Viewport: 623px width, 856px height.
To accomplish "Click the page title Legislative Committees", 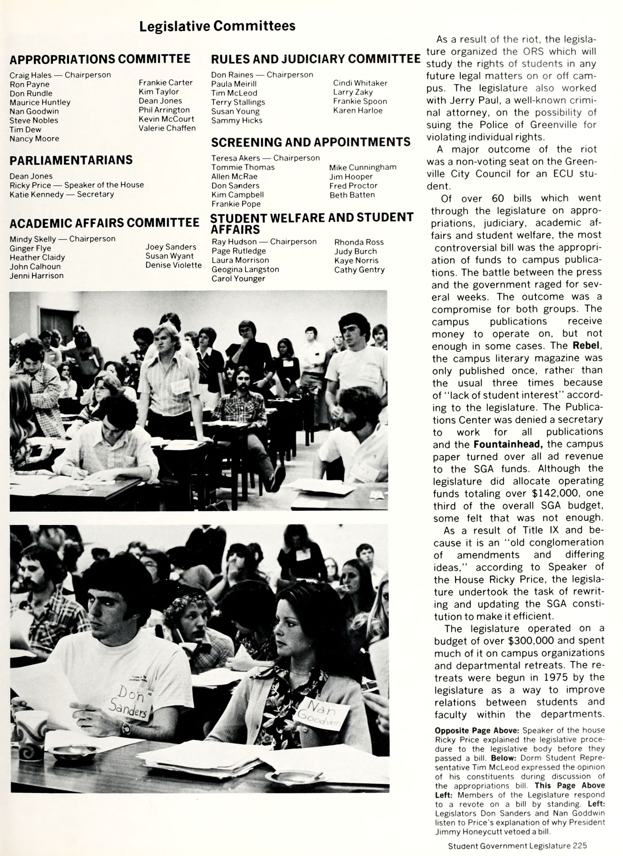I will coord(217,26).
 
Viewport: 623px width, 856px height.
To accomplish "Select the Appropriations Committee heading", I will coord(100,59).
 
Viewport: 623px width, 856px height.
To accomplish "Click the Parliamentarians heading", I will coord(71,160).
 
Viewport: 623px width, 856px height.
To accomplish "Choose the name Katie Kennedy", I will coord(37,194).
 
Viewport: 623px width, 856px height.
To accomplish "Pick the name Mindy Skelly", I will coord(32,239).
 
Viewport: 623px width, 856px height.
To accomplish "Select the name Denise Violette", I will coord(174,265).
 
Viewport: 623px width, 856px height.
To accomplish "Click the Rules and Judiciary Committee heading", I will coord(316,59).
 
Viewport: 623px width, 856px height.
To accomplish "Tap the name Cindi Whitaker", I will coord(360,83).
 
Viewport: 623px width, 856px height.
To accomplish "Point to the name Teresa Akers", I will coord(235,158).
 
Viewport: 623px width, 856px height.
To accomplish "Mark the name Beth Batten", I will coord(352,195).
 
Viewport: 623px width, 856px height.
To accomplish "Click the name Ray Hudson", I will coord(234,242).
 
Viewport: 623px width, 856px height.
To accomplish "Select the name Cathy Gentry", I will coord(359,270).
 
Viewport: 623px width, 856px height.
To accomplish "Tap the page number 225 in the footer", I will coord(579,846).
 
